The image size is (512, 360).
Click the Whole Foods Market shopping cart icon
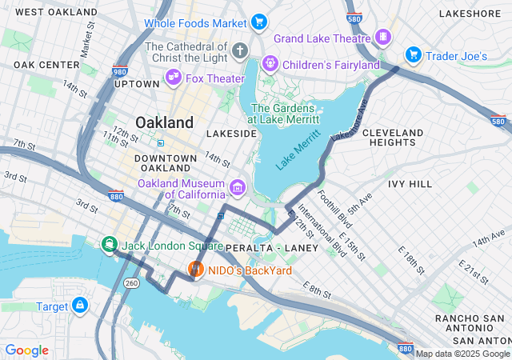tap(258, 22)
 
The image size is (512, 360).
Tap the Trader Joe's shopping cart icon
tap(413, 54)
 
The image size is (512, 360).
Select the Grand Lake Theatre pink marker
tap(384, 37)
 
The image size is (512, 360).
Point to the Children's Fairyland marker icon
tap(270, 62)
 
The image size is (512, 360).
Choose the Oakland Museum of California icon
tap(237, 188)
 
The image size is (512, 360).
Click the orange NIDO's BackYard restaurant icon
tap(194, 270)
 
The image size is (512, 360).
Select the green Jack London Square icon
tap(107, 244)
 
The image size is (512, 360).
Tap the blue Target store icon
tap(80, 305)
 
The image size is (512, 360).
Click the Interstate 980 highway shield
tap(120, 71)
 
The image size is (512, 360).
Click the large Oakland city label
tap(164, 122)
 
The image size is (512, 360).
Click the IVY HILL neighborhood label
tap(410, 183)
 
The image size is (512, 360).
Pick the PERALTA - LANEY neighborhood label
tap(272, 248)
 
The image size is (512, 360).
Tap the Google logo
tap(26, 350)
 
